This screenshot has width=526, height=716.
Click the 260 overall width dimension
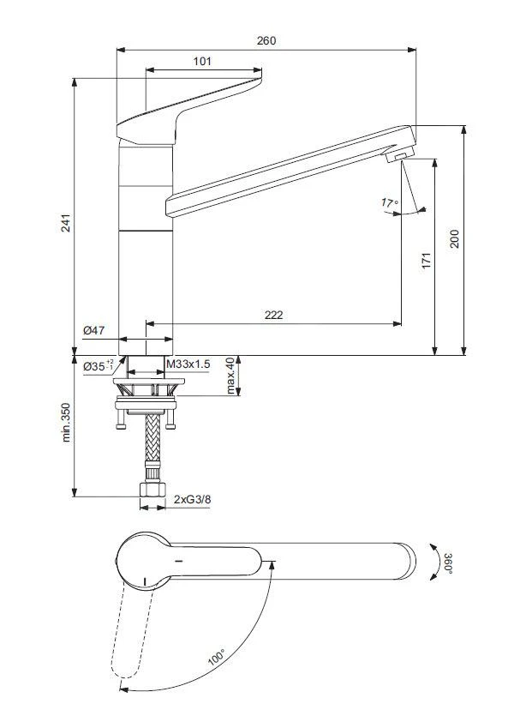pos(266,40)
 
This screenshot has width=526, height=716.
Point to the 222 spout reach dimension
pos(273,315)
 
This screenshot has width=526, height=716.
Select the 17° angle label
pos(389,203)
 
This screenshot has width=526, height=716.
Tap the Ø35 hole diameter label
pos(98,366)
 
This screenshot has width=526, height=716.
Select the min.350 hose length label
pos(65,424)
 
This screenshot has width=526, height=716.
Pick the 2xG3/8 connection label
pos(193,498)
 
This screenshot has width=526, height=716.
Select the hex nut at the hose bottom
pos(152,490)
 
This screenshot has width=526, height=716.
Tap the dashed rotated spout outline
pos(128,635)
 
